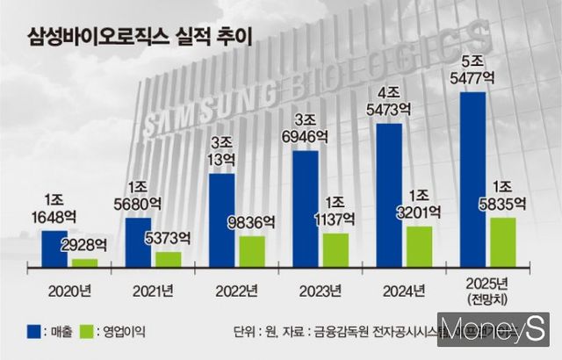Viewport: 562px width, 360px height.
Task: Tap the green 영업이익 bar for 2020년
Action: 85,262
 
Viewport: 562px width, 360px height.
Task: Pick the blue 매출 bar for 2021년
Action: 138,242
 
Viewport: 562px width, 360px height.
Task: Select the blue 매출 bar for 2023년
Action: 305,209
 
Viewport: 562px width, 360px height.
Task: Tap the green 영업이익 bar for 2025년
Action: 502,241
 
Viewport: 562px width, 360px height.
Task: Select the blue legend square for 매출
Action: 33,332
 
